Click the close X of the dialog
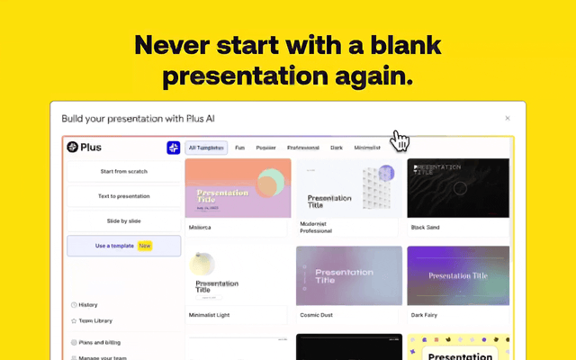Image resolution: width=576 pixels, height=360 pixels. coord(508,118)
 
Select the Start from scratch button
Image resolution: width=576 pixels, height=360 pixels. coord(123,171)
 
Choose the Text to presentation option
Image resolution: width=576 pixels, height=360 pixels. coord(123,195)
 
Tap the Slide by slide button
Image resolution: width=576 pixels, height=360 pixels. coord(123,220)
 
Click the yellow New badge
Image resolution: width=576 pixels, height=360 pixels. coord(145,246)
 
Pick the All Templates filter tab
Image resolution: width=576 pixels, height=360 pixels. coord(206,148)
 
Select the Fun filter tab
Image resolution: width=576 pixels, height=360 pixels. coord(240,148)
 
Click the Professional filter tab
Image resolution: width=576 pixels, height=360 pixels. coord(303,148)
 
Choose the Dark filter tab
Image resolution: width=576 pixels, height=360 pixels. coord(337,148)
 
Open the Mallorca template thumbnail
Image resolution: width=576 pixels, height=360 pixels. coord(238,188)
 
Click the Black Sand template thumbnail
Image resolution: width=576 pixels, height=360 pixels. coord(458,188)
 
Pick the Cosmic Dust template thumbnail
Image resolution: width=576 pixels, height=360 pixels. coord(348,275)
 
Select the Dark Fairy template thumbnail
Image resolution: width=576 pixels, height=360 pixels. coord(458,275)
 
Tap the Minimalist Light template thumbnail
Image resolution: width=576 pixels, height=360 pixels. coord(238,278)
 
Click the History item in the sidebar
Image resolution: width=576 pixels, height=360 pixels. coord(88,305)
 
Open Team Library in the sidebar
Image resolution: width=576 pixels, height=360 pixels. coord(95,321)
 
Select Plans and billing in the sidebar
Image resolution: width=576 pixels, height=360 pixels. coord(100,343)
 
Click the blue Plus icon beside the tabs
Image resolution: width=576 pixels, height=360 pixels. coord(174,148)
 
